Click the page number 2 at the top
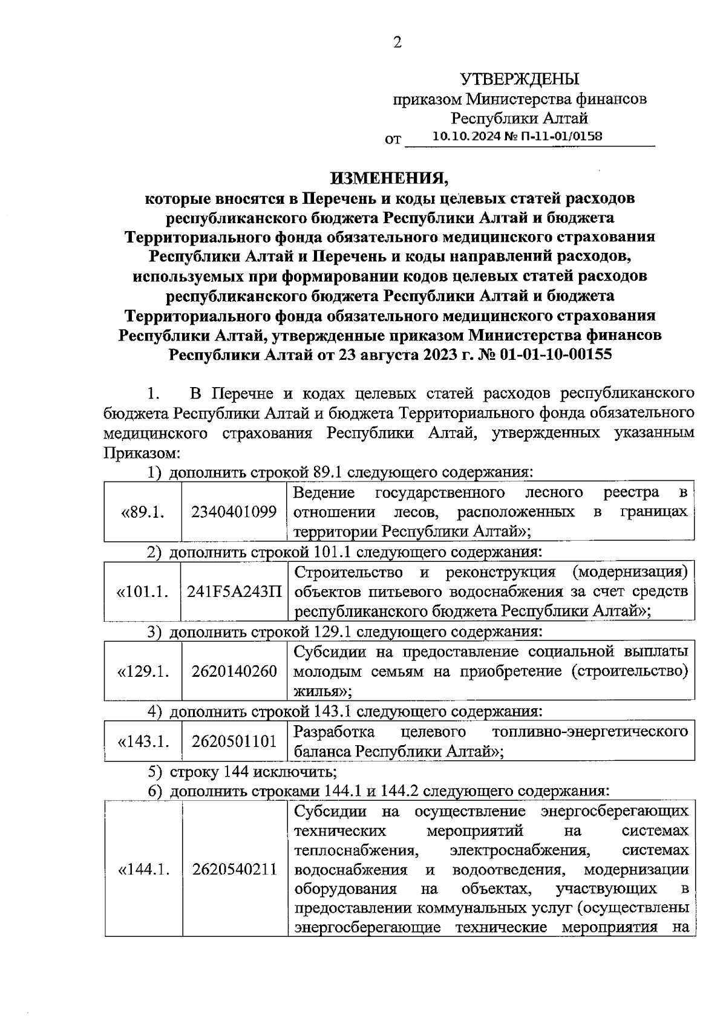pyautogui.click(x=397, y=42)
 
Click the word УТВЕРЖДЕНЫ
pyautogui.click(x=520, y=79)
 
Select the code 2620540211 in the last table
pyautogui.click(x=234, y=870)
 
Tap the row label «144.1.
pyautogui.click(x=142, y=870)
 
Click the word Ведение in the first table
pyautogui.click(x=324, y=492)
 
